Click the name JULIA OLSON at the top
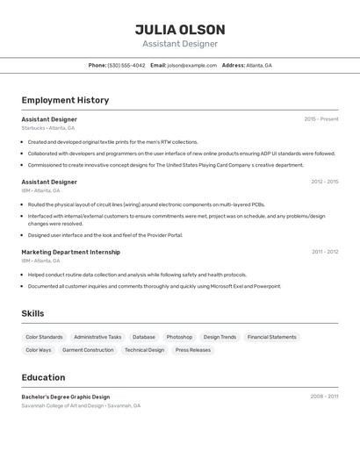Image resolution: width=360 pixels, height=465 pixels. pos(180,29)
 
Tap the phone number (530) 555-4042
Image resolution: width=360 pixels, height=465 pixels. pos(126,65)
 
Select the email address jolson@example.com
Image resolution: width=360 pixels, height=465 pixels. pos(191,65)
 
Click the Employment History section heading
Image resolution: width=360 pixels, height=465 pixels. pos(65,100)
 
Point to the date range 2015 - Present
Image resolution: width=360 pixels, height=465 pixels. pos(320,118)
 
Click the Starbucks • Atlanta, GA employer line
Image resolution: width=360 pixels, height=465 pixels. pos(47,128)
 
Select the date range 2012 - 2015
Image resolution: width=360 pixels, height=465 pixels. pos(324,182)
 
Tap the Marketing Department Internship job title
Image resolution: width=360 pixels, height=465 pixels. pos(70,252)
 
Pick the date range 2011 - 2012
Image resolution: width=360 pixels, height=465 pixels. pos(324,252)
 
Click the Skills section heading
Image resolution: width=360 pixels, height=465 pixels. pos(32,313)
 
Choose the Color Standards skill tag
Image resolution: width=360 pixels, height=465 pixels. pos(44,337)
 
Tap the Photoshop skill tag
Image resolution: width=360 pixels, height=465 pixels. pos(179,337)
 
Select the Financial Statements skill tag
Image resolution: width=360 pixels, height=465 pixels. pos(271,337)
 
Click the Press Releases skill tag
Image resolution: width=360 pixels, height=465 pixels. pos(193,350)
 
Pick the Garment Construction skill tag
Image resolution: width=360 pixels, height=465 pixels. pos(88,350)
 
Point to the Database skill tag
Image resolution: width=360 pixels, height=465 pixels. pos(144,337)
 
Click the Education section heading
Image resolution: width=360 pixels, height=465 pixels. pos(43,377)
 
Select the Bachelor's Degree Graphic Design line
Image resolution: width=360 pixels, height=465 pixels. pos(66,397)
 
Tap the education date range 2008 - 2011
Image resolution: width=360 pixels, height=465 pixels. pos(324,397)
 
